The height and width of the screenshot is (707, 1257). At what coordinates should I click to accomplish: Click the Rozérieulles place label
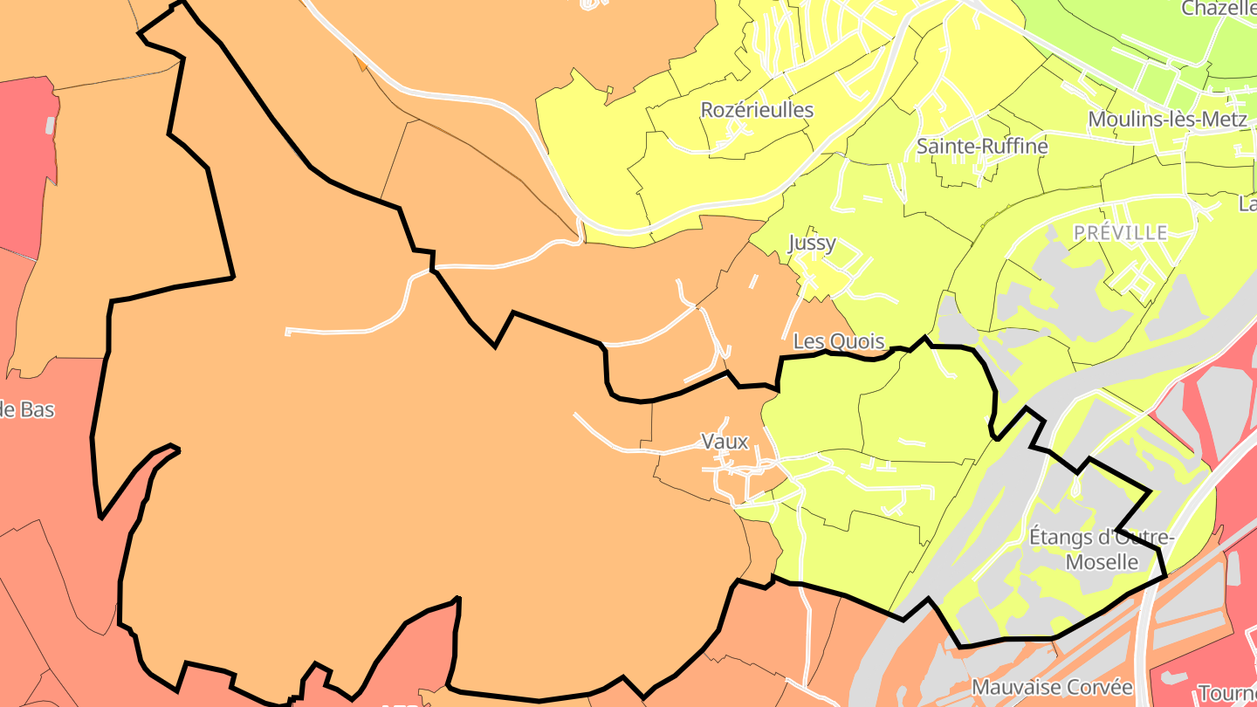[x=757, y=110]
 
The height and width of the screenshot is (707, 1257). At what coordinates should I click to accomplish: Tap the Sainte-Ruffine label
[x=982, y=147]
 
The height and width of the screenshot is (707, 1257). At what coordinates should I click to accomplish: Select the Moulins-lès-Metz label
[x=1168, y=120]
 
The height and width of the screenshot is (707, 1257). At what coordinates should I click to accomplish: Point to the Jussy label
[x=812, y=243]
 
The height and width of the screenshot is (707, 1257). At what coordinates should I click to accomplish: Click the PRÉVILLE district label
[x=1121, y=232]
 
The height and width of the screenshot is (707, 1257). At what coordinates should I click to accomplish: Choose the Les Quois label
[x=839, y=341]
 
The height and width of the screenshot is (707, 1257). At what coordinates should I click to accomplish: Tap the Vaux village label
[x=725, y=442]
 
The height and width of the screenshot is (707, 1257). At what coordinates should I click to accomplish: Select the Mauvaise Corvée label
[x=1052, y=687]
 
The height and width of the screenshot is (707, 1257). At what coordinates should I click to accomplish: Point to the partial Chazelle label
[x=1219, y=9]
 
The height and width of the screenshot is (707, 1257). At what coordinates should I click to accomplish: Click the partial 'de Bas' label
[x=27, y=409]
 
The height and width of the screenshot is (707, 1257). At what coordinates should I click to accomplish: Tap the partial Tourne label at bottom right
[x=1227, y=693]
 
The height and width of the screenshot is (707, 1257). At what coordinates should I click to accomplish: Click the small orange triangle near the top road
[x=361, y=62]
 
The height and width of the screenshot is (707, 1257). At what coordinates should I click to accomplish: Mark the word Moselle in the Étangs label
[x=1102, y=561]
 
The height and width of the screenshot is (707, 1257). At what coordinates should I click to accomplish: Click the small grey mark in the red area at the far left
[x=51, y=125]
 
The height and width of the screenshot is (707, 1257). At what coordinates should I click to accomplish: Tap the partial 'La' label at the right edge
[x=1247, y=204]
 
